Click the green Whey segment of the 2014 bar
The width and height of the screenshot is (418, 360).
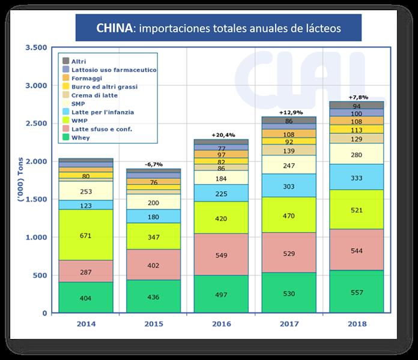coord(86,298)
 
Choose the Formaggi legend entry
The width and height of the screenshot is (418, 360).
coord(88,78)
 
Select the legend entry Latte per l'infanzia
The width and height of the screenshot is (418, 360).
coord(102,112)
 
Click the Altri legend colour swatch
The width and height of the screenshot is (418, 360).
coord(64,61)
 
